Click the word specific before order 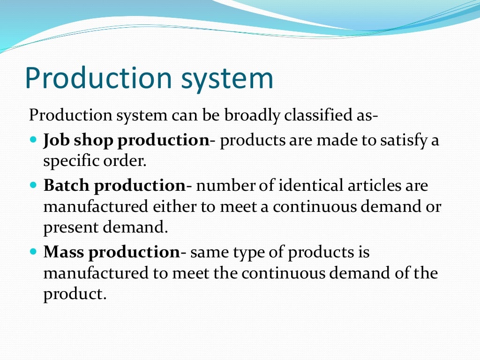pos(70,161)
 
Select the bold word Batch pos(67,186)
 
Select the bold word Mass pos(64,252)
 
